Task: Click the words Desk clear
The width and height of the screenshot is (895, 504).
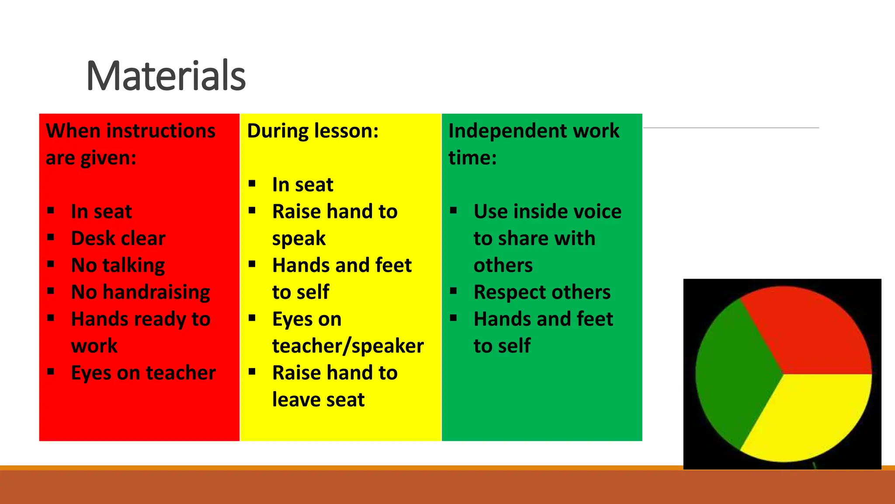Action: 118,238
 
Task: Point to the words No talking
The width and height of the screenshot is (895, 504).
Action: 118,266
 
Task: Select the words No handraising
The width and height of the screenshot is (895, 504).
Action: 140,292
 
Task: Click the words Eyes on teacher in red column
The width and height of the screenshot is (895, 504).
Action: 143,373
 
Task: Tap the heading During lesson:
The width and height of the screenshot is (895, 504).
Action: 313,131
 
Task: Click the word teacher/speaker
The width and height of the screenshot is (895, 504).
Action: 348,346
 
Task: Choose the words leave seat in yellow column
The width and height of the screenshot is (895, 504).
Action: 318,400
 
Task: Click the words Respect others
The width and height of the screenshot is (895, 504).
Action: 542,292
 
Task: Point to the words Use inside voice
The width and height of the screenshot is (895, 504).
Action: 547,212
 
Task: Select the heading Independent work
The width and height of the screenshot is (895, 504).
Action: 534,131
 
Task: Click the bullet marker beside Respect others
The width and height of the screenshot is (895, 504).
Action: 454,291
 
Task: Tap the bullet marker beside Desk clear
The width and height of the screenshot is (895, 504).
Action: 51,237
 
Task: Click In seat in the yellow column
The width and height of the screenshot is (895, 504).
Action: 302,185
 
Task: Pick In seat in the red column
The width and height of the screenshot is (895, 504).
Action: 101,212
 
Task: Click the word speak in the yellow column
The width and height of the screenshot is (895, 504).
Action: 299,239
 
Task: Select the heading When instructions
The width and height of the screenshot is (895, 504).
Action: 131,131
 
